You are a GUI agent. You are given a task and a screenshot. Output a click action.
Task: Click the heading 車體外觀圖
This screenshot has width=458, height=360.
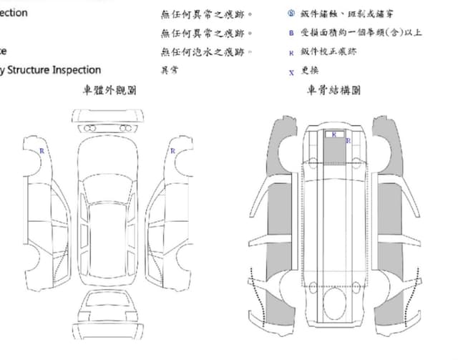pyautogui.click(x=110, y=91)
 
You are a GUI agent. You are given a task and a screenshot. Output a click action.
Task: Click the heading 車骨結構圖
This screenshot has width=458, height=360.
pyautogui.click(x=333, y=91)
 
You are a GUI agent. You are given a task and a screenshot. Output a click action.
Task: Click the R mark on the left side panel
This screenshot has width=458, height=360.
pyautogui.click(x=41, y=151)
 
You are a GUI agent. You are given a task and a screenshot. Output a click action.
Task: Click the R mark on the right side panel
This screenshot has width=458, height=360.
pyautogui.click(x=172, y=151)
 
